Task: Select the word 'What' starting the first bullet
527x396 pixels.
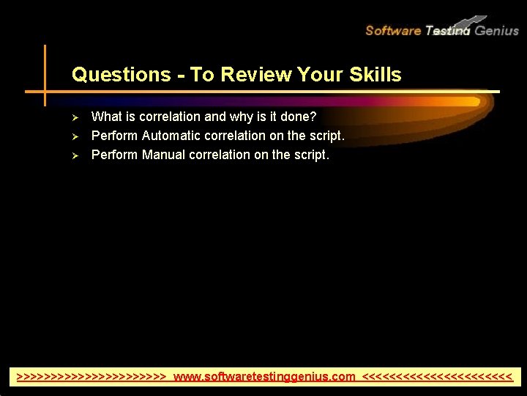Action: point(106,117)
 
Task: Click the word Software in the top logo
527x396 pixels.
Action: point(393,31)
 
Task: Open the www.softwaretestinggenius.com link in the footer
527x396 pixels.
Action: point(264,377)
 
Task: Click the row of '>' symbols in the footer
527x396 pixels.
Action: point(91,377)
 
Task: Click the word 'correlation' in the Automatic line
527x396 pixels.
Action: point(234,136)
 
